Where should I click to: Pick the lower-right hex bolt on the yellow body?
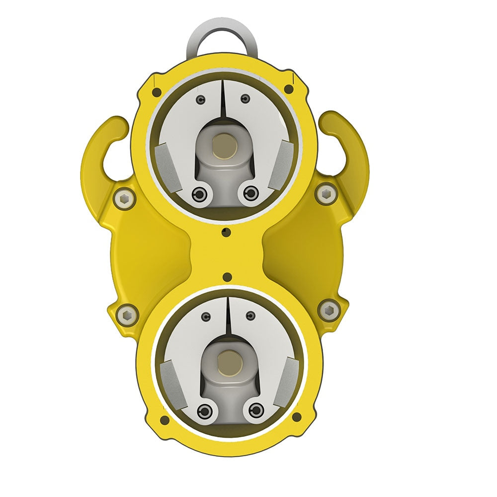pos(328,310)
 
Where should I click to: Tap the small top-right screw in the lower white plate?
pos(250,315)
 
